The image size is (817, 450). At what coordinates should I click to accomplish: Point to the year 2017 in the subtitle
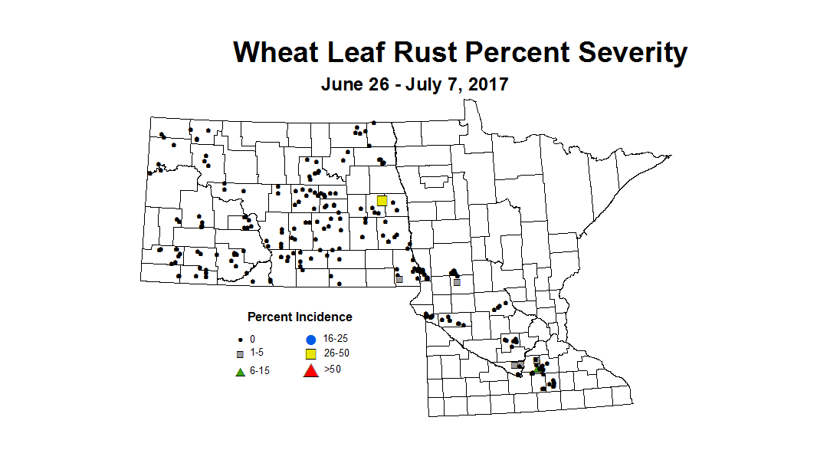[486, 84]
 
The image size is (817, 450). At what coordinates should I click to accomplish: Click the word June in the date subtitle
[342, 84]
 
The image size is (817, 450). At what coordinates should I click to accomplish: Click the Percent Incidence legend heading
[300, 317]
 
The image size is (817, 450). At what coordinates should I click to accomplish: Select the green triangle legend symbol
[240, 372]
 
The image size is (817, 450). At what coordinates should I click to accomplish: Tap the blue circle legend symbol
[310, 339]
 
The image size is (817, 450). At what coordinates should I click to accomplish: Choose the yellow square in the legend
[310, 354]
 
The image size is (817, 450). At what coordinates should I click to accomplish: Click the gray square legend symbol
[240, 354]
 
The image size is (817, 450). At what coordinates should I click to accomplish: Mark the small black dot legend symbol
[240, 339]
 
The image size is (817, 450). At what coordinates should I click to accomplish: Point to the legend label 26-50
[336, 354]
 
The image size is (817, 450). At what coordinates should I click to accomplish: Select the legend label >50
[332, 371]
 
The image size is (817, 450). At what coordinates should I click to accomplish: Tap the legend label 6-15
[259, 372]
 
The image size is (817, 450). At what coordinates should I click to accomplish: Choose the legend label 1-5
[256, 354]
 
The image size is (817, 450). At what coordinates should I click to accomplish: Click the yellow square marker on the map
[382, 200]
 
